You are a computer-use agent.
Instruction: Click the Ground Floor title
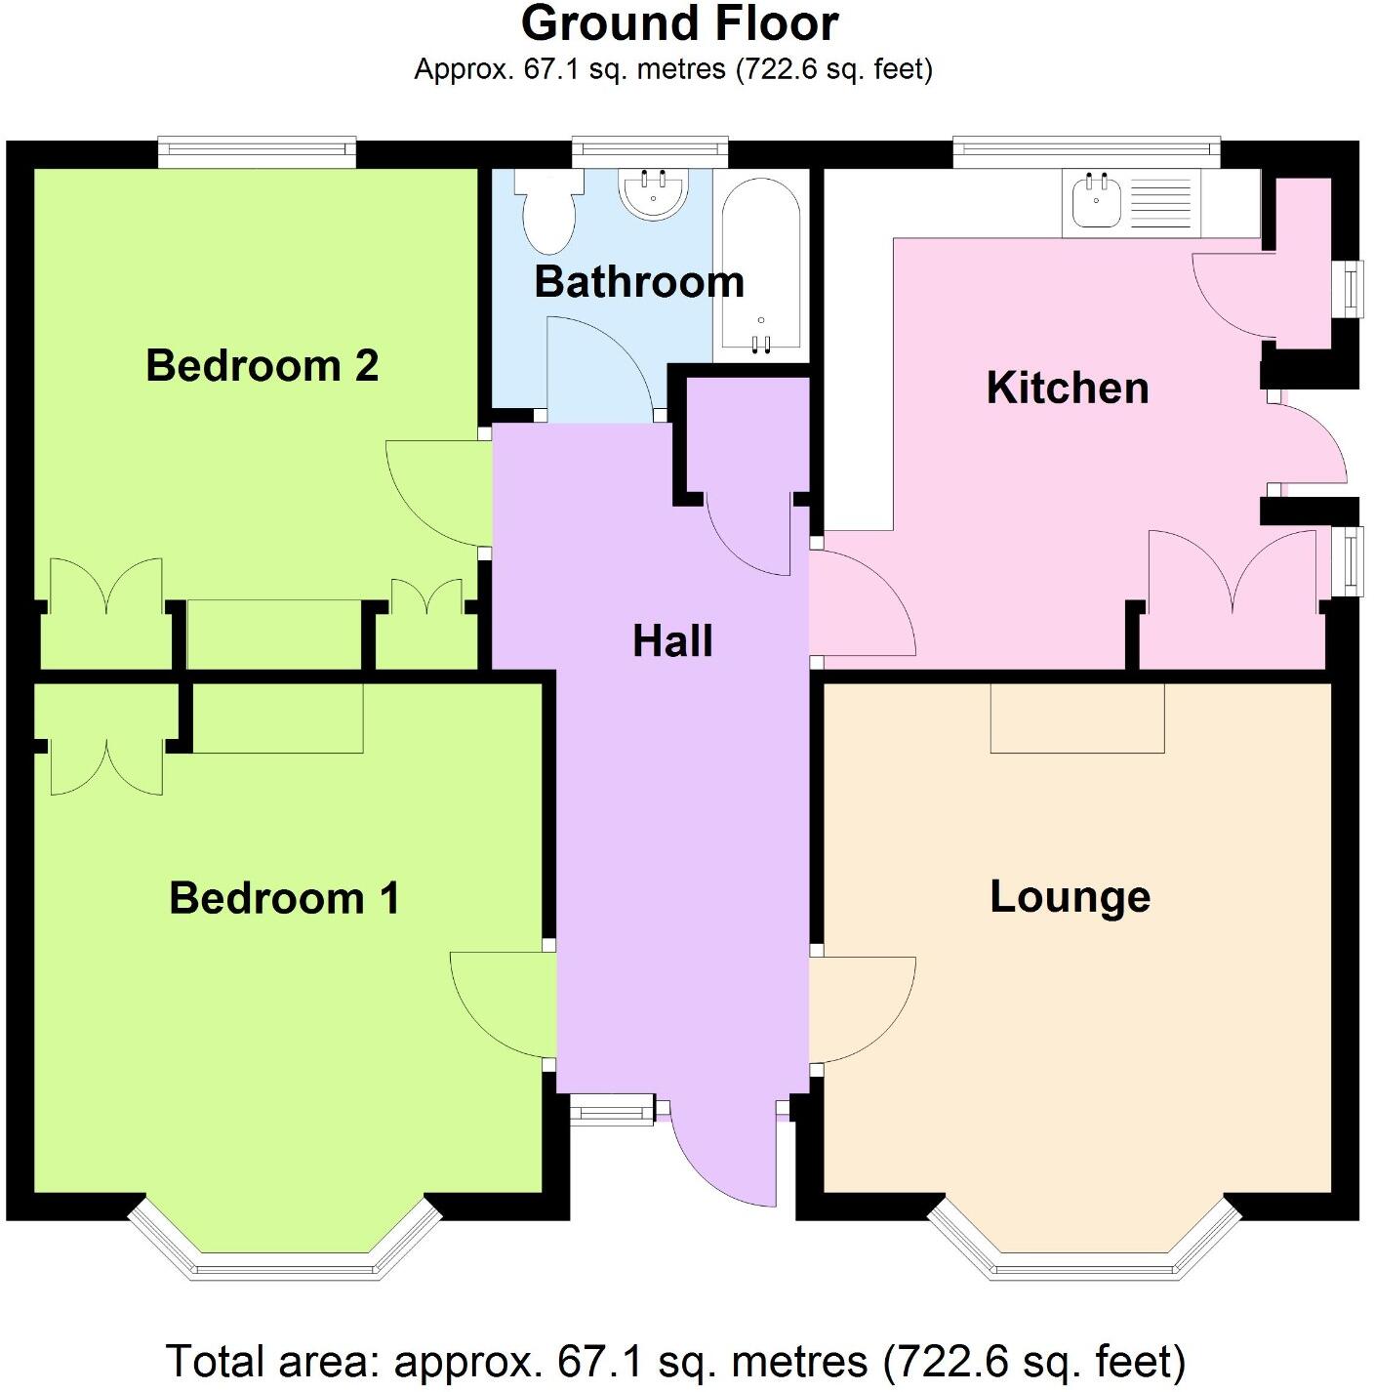pos(679,24)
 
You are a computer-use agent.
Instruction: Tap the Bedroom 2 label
pos(262,366)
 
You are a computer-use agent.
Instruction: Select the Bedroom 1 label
pos(284,898)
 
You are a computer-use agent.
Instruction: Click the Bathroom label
pos(639,282)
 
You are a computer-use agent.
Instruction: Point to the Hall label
pos(672,641)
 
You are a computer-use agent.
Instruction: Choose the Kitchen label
pos(1068,389)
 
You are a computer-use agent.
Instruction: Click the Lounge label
pos(1071,897)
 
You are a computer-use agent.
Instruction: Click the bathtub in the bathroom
pos(761,264)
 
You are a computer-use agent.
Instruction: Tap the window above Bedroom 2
pos(257,149)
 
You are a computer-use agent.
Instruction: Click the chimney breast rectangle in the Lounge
pos(1077,717)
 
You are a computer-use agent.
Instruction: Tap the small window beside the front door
pos(611,1109)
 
